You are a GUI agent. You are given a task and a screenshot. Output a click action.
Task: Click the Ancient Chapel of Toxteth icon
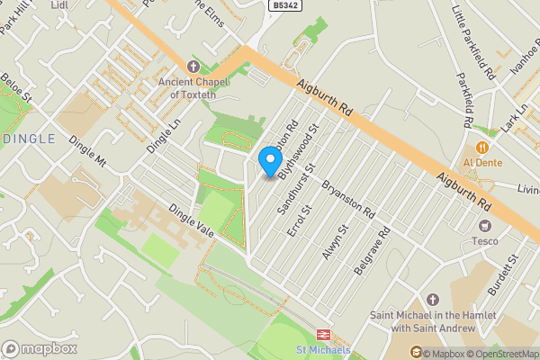point(191,67)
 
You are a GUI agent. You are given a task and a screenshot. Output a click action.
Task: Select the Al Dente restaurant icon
point(482,148)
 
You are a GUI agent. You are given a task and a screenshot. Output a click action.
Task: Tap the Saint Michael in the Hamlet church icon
point(431,299)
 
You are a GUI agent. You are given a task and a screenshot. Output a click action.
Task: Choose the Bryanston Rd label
point(348,197)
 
